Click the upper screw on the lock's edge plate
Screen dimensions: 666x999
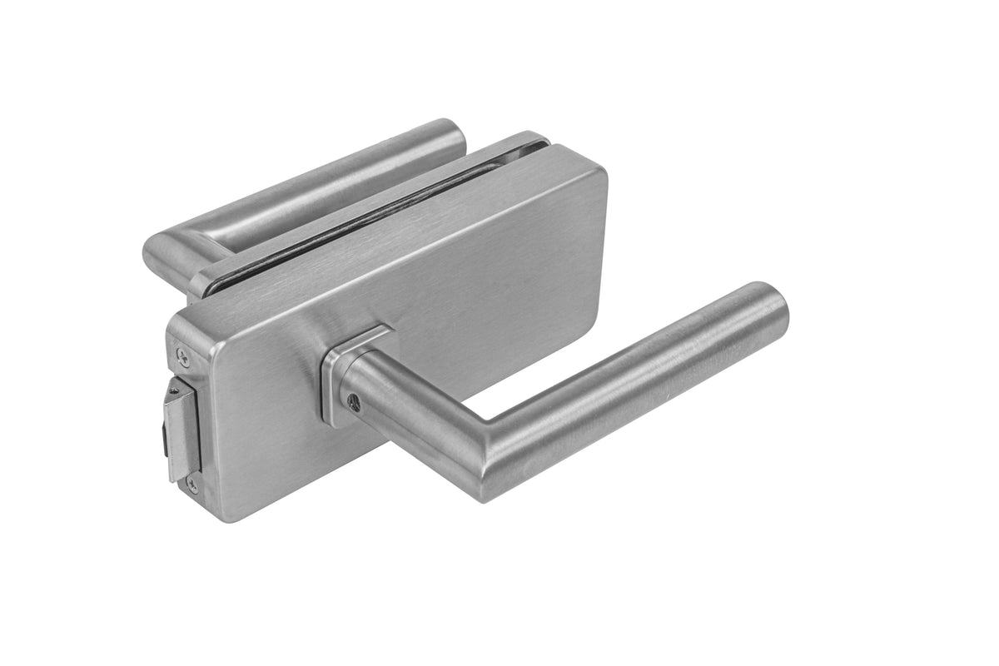point(183,357)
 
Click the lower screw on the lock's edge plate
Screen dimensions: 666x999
point(192,482)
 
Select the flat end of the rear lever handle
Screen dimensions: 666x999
point(454,133)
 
